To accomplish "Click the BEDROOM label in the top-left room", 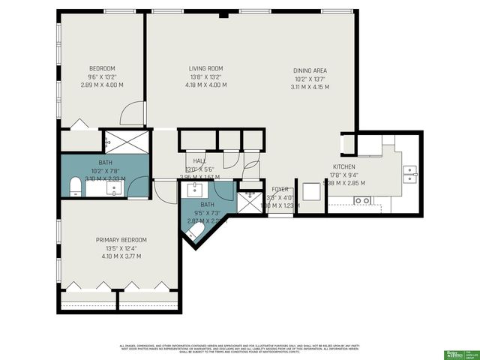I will tap(102, 68).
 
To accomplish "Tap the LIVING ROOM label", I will tap(205, 68).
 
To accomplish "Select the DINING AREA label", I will tap(310, 71).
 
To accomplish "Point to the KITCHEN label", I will tap(344, 166).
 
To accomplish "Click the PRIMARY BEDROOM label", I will tap(121, 240).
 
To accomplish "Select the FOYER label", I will tap(280, 190).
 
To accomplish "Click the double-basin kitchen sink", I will tap(409, 174).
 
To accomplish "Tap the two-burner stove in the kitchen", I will tap(363, 200).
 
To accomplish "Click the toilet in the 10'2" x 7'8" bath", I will tap(75, 186).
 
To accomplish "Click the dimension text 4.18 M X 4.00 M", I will tap(205, 85).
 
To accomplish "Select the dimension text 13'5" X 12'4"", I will tap(121, 248).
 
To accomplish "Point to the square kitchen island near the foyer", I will tap(311, 193).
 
